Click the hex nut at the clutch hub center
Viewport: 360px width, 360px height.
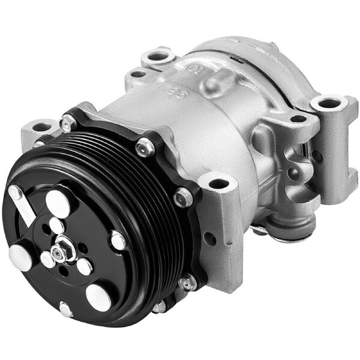60,250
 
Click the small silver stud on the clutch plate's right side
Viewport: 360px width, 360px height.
118,241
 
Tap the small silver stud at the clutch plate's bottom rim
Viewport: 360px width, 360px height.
65,310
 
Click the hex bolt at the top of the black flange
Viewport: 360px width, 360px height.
145,147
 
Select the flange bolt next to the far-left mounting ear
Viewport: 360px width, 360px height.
68,124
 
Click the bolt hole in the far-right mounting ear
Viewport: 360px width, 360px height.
329,103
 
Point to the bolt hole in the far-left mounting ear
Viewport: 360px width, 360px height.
40,127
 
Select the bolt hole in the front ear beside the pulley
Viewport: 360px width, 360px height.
218,182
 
